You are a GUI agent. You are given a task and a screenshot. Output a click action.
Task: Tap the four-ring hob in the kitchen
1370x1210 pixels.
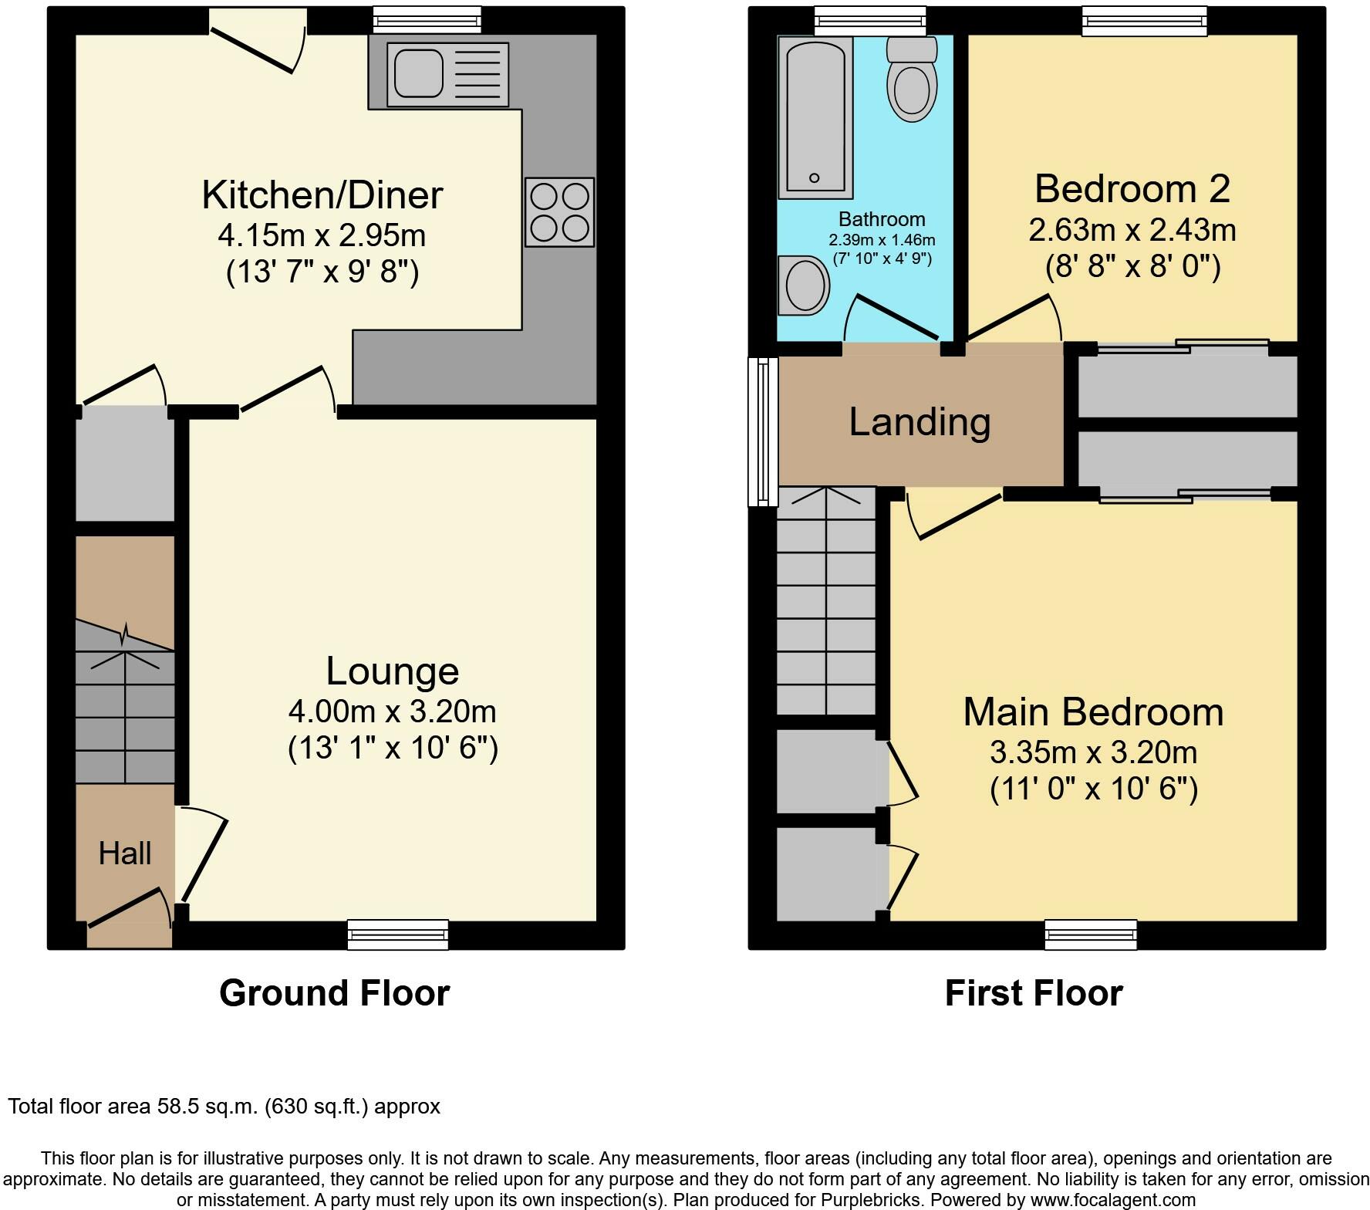[x=560, y=212]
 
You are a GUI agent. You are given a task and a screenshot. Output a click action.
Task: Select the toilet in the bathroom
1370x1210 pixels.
[x=912, y=79]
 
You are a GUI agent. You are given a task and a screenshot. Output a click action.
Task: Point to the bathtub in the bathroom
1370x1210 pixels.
[x=815, y=117]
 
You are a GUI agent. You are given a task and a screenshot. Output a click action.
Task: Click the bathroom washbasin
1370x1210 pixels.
[x=804, y=286]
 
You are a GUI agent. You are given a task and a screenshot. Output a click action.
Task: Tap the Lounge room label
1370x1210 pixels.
[x=393, y=671]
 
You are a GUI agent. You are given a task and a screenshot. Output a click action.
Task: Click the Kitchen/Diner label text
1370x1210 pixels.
[x=322, y=194]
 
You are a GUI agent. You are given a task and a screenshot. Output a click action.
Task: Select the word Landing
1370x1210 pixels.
[x=920, y=422]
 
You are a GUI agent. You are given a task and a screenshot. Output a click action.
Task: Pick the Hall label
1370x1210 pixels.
[x=125, y=853]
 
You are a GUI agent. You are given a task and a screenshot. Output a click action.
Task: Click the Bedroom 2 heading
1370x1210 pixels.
[x=1132, y=189]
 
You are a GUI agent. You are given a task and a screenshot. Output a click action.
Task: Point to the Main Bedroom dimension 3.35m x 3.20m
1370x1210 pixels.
[x=1094, y=752]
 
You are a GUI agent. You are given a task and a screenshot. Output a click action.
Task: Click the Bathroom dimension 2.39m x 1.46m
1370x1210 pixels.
[x=882, y=240]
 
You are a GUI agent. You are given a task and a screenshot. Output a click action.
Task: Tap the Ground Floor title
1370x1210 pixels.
[x=335, y=993]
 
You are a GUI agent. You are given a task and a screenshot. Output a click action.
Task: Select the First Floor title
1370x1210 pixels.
[x=1034, y=993]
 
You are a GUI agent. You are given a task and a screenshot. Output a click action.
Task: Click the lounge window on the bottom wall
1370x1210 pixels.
[x=398, y=935]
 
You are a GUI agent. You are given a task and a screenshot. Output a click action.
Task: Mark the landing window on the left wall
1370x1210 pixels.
[x=763, y=431]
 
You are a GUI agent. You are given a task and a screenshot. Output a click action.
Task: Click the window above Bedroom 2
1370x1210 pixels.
[x=1145, y=21]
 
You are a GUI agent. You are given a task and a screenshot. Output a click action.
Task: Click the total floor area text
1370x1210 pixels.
[x=224, y=1107]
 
